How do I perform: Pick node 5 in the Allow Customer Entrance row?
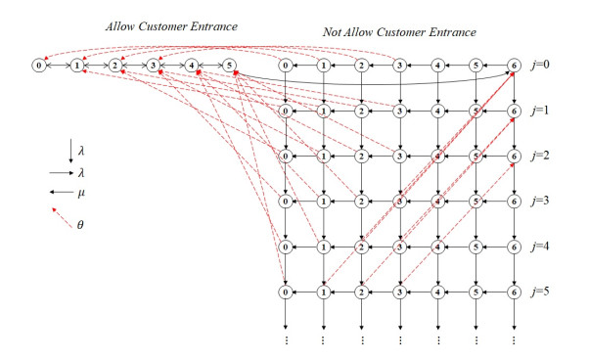tap(229, 67)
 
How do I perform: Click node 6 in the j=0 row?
tap(515, 67)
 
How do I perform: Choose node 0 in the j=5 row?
tap(286, 291)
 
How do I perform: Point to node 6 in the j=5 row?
tap(515, 291)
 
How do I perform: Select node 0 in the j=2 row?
tap(286, 157)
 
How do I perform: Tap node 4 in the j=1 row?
tap(438, 112)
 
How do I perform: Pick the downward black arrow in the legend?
tap(69, 150)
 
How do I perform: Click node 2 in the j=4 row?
tap(362, 247)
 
